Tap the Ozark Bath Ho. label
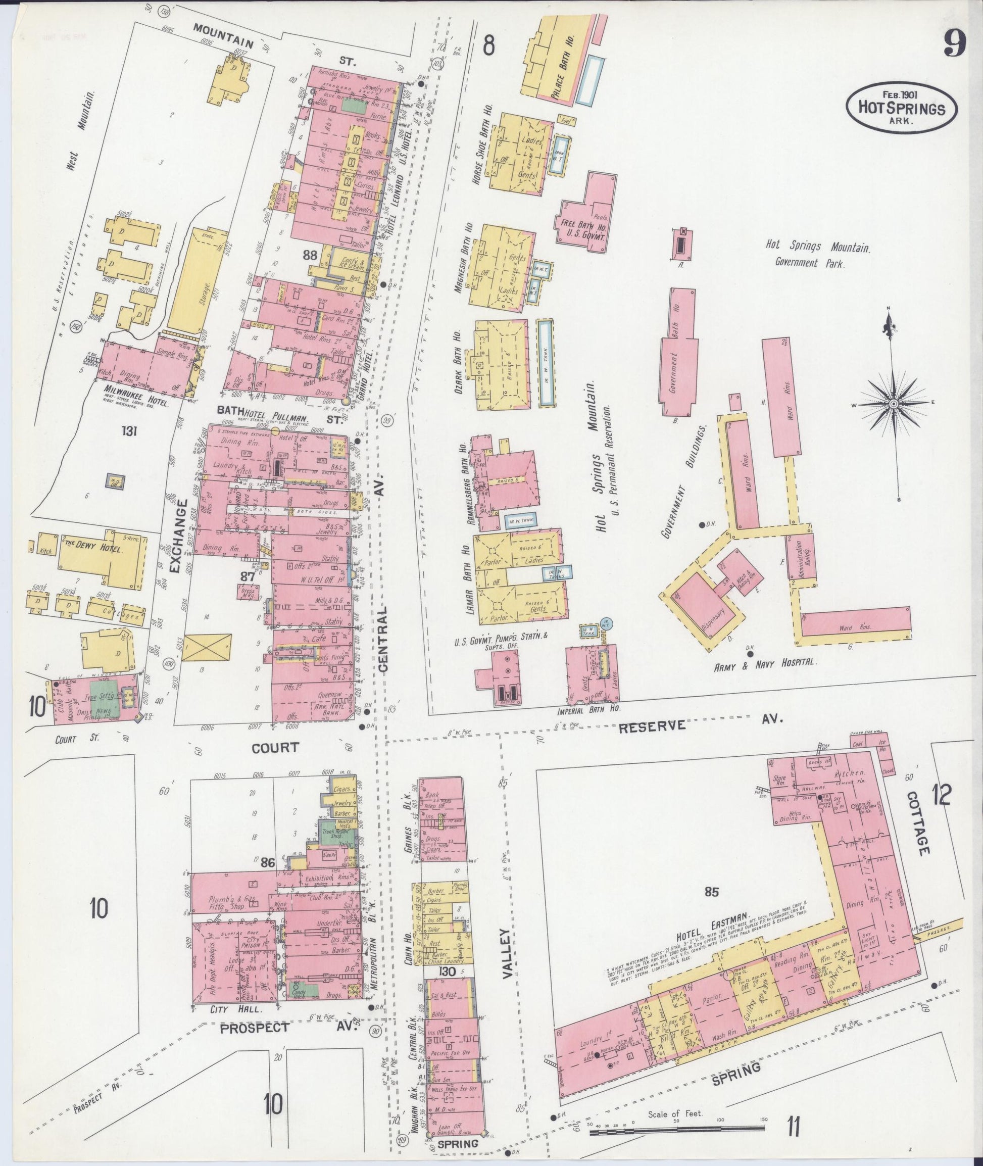point(459,362)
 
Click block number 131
point(130,430)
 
